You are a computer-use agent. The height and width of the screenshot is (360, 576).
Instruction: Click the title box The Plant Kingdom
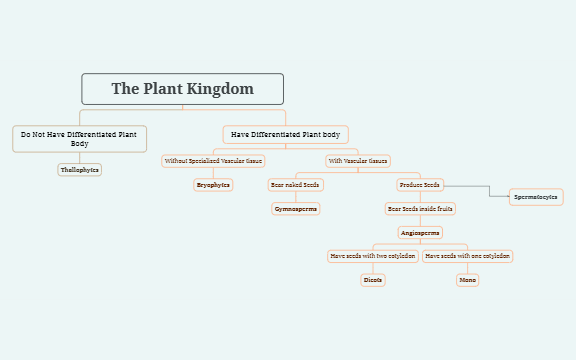(182, 89)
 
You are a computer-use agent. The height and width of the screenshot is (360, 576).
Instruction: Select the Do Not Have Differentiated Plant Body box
(80, 138)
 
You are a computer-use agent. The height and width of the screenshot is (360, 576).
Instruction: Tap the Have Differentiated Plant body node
(285, 134)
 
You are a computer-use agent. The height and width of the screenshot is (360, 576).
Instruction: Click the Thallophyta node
(80, 170)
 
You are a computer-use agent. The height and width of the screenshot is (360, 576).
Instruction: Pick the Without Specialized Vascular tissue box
(213, 160)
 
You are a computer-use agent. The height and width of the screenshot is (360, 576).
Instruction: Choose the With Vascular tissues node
(357, 160)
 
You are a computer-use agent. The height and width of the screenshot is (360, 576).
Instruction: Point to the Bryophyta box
(213, 185)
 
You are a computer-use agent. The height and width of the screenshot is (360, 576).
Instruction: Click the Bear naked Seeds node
(295, 185)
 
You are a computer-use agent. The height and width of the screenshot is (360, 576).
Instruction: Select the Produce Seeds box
(419, 185)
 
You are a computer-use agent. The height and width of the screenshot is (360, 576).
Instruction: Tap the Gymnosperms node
(295, 209)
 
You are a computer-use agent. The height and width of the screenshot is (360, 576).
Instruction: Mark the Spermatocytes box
(536, 197)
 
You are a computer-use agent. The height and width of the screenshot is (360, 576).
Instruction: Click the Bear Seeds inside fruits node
(420, 209)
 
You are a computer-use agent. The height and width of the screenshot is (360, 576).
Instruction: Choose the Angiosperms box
(420, 232)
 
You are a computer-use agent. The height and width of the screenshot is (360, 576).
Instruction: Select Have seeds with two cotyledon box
(373, 256)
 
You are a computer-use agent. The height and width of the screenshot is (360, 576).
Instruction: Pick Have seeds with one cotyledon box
(468, 256)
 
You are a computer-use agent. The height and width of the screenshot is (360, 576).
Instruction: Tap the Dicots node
(373, 280)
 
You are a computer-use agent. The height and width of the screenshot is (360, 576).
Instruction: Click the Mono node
(468, 280)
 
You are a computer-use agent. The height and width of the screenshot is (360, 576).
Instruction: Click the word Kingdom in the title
(220, 89)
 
